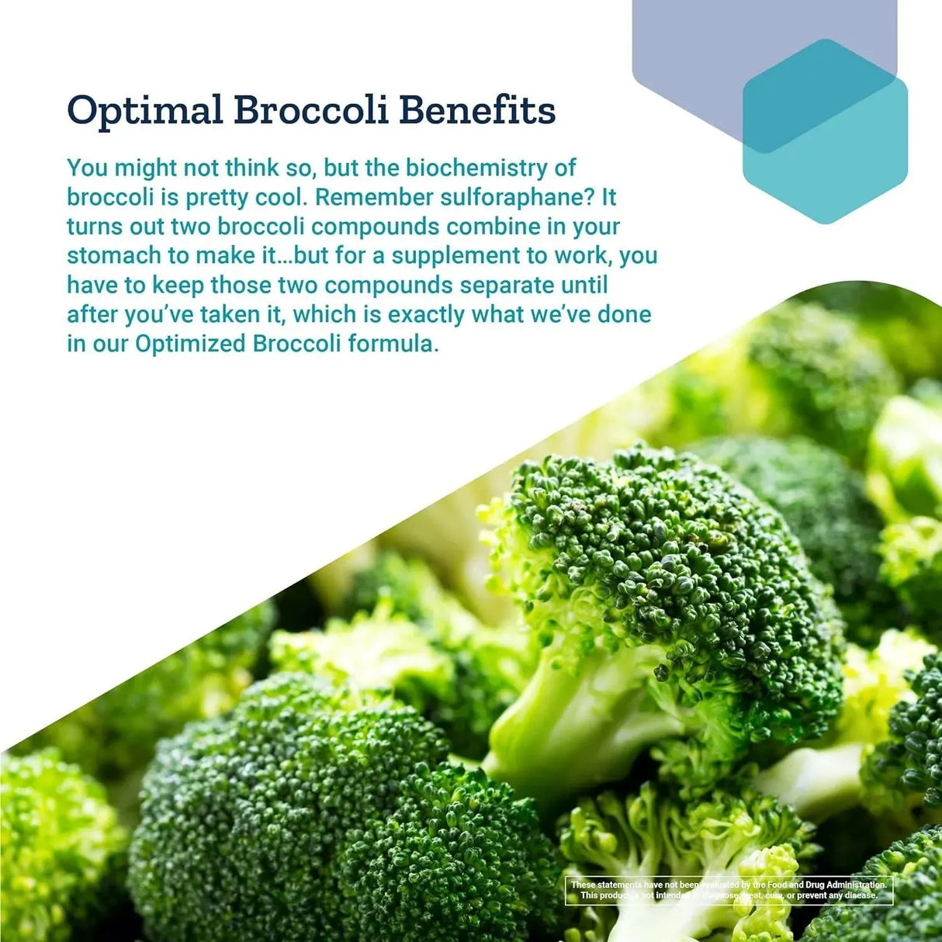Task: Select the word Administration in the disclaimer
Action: (x=846, y=885)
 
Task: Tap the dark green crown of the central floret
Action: (x=667, y=559)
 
